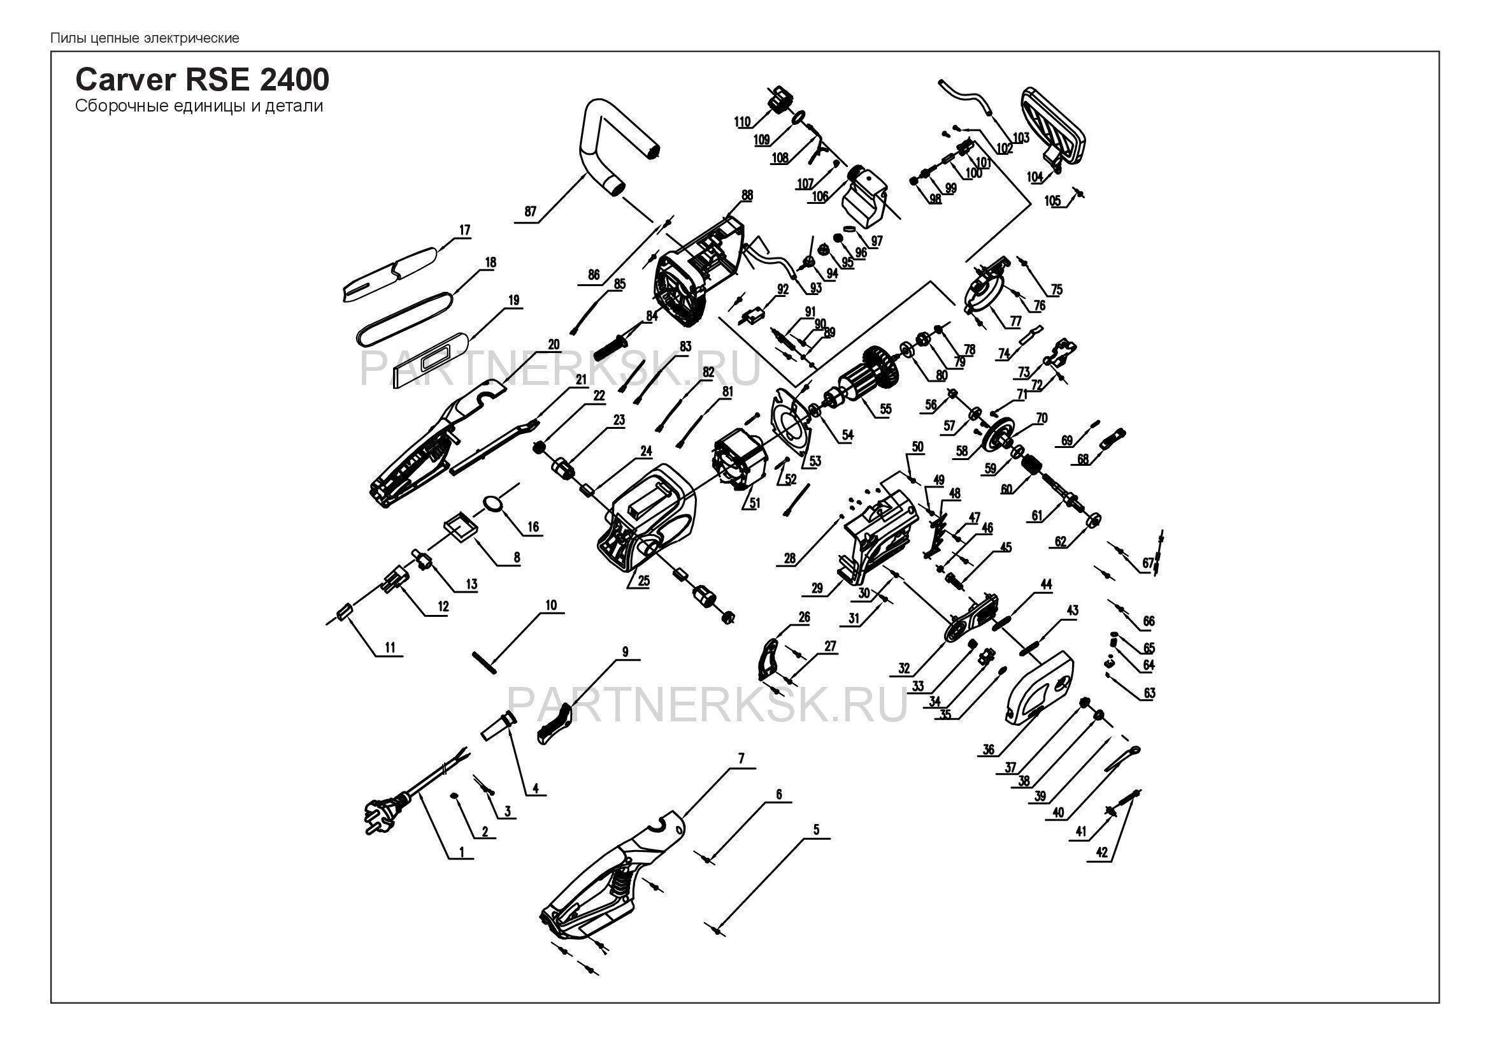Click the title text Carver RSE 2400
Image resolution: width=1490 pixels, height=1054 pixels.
(x=203, y=80)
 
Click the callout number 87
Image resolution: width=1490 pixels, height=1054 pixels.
(x=531, y=212)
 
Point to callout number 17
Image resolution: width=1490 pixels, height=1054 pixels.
(x=464, y=231)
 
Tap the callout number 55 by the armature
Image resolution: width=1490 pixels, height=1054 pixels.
(x=885, y=410)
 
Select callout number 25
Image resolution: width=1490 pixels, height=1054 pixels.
(x=643, y=582)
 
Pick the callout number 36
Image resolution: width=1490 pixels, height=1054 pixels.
(x=989, y=749)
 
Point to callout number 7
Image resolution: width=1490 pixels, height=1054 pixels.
(x=741, y=758)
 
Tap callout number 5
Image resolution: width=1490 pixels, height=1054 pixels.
(x=817, y=830)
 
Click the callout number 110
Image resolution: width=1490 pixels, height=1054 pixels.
(x=742, y=121)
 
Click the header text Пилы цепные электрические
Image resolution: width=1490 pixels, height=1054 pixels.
(x=145, y=38)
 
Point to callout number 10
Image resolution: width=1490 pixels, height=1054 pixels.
(x=551, y=605)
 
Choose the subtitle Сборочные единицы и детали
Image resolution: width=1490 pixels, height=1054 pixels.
(x=199, y=106)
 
